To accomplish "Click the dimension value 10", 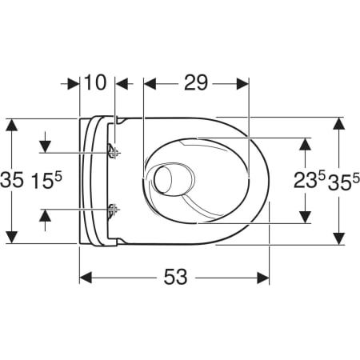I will click(98, 82).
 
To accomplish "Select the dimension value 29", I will click(196, 82).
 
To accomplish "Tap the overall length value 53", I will click(175, 277).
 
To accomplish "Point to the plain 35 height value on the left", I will click(12, 181).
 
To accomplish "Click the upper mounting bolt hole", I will click(113, 152).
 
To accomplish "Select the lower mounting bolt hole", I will click(113, 210).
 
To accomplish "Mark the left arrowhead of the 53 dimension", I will click(86, 277).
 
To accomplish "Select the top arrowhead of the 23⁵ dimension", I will click(305, 144).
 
